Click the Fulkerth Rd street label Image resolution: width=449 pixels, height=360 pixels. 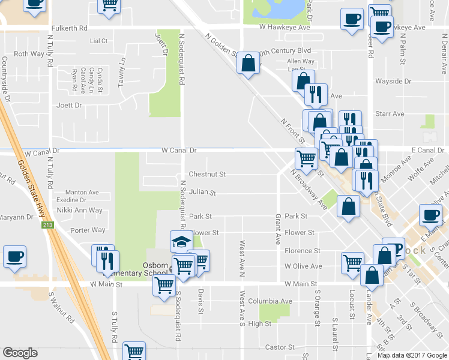(70, 28)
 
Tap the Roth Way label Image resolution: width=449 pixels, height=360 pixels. (29, 54)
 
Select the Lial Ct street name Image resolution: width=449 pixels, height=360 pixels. (98, 41)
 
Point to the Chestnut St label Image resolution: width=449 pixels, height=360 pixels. (206, 175)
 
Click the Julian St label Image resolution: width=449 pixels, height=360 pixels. (202, 193)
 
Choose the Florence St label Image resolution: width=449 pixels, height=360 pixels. (303, 251)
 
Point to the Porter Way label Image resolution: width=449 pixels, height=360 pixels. (88, 230)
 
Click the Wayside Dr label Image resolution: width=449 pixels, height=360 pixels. (393, 81)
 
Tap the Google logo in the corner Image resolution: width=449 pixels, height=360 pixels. (20, 352)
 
